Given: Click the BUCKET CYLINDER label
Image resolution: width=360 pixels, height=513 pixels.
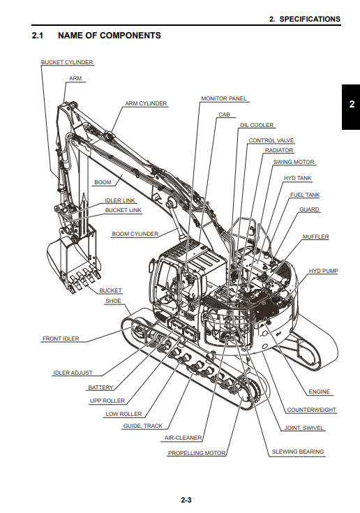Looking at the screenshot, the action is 67,62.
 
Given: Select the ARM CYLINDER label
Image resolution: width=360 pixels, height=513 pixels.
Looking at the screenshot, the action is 146,103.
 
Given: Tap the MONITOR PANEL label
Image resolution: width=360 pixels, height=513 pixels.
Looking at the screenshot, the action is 224,98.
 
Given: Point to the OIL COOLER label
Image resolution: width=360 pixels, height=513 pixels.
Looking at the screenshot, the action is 257,125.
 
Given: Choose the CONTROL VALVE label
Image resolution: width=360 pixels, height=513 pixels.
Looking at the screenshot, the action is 271,140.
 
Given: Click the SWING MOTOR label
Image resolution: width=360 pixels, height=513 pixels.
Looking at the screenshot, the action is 294,162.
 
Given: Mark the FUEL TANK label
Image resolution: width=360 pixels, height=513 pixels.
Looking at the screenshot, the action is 305,195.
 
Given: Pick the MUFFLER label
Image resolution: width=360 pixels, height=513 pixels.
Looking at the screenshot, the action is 316,237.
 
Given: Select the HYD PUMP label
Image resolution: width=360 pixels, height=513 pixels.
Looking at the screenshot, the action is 324,271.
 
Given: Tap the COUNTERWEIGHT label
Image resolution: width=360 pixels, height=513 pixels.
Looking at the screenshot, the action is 312,410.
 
